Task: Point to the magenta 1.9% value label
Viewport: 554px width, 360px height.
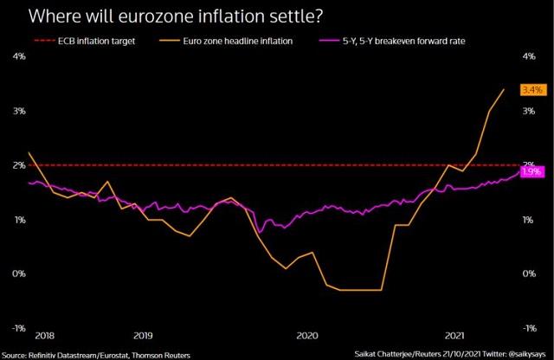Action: click(531, 171)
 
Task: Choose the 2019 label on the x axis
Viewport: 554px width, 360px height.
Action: click(143, 334)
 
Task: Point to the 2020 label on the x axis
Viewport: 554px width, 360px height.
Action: click(307, 334)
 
